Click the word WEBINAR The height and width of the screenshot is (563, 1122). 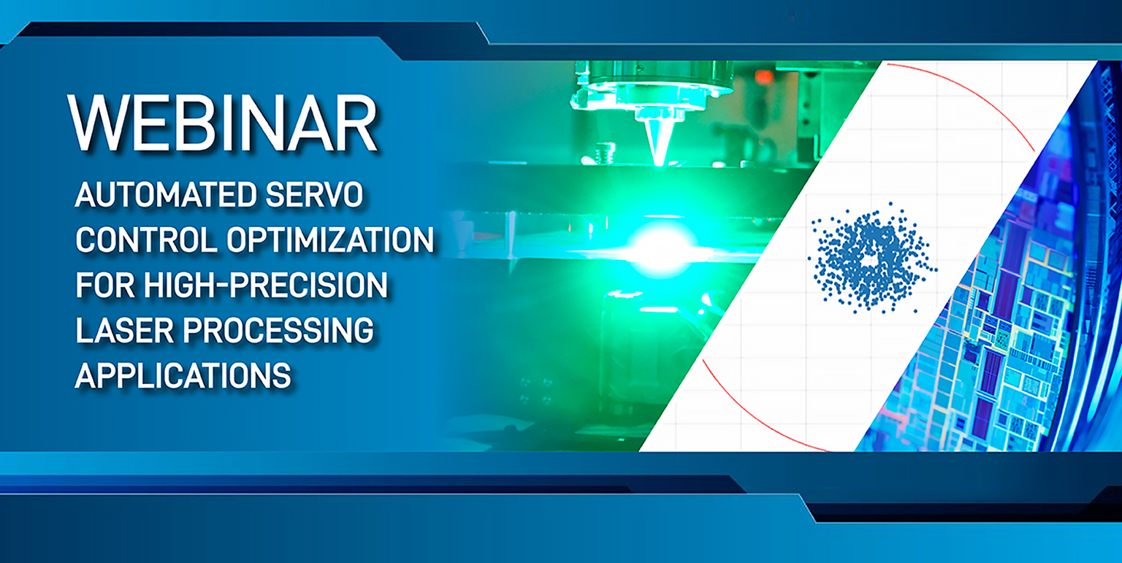222,123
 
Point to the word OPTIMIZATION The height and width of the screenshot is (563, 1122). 331,240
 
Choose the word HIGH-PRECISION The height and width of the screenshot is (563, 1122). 265,285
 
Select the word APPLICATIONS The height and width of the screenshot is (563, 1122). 183,375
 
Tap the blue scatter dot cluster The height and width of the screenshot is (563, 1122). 871,258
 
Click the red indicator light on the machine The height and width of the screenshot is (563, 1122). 764,77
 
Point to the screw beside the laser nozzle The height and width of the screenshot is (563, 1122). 605,153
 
